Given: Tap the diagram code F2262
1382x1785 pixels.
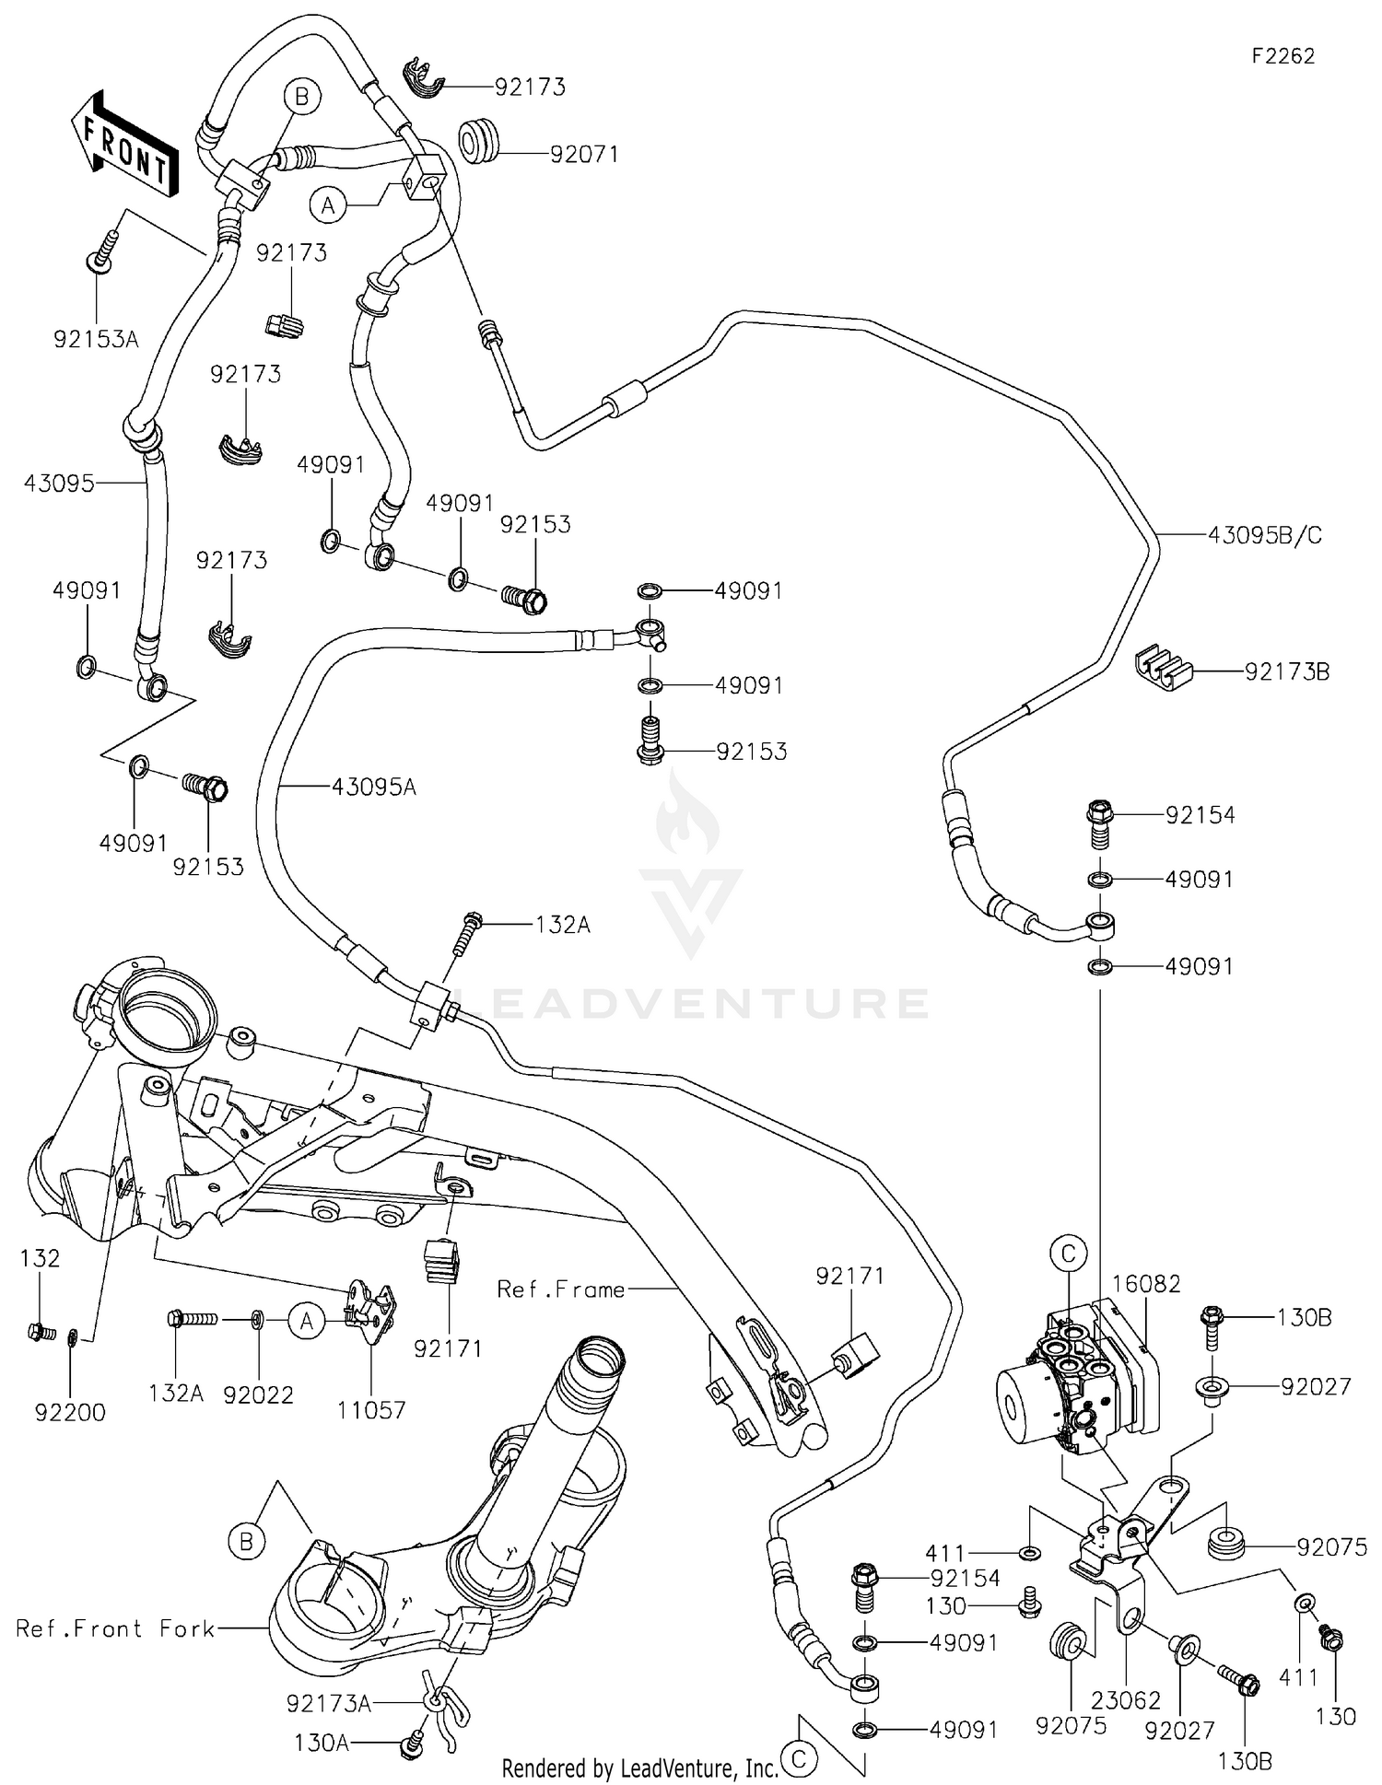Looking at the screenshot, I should (x=1282, y=57).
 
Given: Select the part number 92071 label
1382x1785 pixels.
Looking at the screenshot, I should (x=583, y=155).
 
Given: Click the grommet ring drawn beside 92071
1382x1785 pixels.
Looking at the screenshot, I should (x=480, y=139).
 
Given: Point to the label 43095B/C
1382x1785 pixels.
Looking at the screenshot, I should (x=1265, y=535).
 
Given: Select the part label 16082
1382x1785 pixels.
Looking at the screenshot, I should (x=1145, y=1284).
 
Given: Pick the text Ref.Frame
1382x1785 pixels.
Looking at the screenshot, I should (x=560, y=1290).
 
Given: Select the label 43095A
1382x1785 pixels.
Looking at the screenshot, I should (x=374, y=787).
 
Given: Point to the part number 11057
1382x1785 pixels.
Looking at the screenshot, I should (x=371, y=1409).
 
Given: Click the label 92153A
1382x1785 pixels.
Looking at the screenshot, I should (x=96, y=340).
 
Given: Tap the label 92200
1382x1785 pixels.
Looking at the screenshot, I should (x=71, y=1412).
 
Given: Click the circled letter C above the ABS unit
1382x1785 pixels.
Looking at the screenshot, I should (x=1069, y=1254).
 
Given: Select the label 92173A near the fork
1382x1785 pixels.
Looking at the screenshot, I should (x=328, y=1704).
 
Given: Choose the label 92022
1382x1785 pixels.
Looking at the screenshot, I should (x=258, y=1394).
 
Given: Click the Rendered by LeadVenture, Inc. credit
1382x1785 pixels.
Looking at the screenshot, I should (x=639, y=1767).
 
